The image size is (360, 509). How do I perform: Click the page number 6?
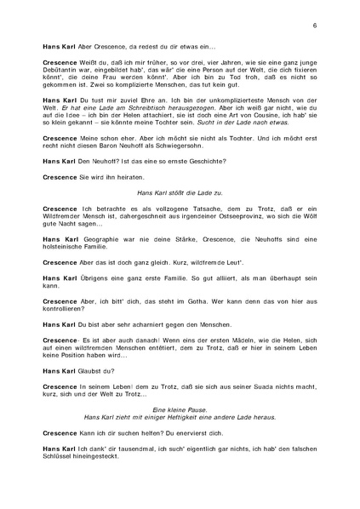pos(315,26)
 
